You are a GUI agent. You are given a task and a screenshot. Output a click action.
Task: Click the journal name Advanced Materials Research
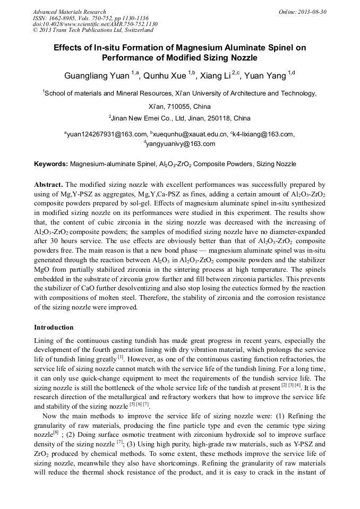click(69, 12)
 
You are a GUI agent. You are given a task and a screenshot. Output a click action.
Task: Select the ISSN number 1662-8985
click(63, 18)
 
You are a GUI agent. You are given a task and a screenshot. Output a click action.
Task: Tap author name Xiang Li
click(218, 76)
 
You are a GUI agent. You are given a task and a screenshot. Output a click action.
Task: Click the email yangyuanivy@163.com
click(181, 144)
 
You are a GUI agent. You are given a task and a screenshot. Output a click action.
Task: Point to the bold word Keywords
click(51, 165)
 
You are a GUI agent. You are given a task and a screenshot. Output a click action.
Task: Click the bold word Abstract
click(48, 184)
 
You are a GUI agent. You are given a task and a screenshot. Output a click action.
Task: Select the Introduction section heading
click(54, 327)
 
